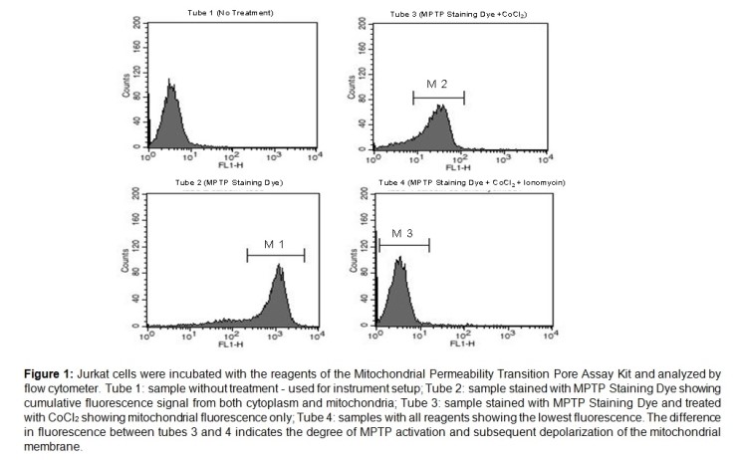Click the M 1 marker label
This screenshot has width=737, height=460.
coord(275,245)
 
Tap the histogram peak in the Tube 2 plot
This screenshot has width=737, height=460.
coord(280,267)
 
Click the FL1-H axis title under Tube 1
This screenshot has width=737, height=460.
coord(230,166)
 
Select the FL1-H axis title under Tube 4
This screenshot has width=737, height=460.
coord(458,342)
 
